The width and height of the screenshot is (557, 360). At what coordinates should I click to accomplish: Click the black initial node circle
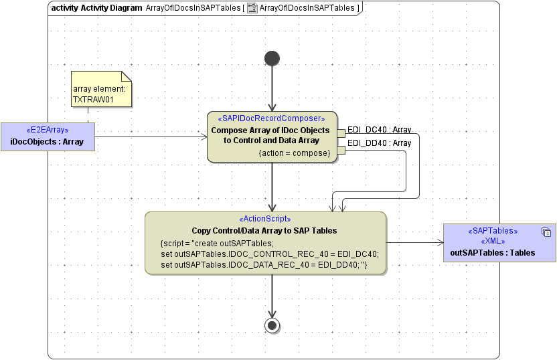[x=272, y=58]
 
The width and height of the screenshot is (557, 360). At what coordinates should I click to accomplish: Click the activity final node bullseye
[x=272, y=325]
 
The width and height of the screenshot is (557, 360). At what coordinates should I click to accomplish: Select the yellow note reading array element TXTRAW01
[x=102, y=89]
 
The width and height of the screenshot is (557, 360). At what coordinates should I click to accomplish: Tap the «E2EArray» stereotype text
[x=47, y=130]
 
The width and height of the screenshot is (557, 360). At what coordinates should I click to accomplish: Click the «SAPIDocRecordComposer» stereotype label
[x=272, y=118]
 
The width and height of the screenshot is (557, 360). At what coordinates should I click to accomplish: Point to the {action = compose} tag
[x=295, y=153]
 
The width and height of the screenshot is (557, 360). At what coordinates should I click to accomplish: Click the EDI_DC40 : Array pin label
[x=379, y=130]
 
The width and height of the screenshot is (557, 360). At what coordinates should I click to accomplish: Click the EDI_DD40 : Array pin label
[x=379, y=143]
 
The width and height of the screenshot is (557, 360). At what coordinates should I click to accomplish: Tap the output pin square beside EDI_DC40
[x=341, y=132]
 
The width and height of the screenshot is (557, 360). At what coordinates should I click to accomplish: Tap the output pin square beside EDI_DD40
[x=341, y=150]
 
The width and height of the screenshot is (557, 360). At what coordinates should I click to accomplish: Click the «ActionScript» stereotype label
[x=264, y=219]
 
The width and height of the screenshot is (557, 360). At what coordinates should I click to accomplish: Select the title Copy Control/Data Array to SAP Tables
[x=264, y=230]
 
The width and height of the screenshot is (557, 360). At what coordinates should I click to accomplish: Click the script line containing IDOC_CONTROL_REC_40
[x=270, y=254]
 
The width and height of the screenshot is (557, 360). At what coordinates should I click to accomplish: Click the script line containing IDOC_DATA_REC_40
[x=264, y=265]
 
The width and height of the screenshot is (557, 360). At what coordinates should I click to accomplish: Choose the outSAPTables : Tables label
[x=492, y=252]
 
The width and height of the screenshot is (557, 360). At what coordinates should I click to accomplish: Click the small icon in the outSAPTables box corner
[x=546, y=232]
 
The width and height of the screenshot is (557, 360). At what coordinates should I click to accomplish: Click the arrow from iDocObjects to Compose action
[x=151, y=138]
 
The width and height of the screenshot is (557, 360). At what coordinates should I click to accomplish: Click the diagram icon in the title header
[x=252, y=8]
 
